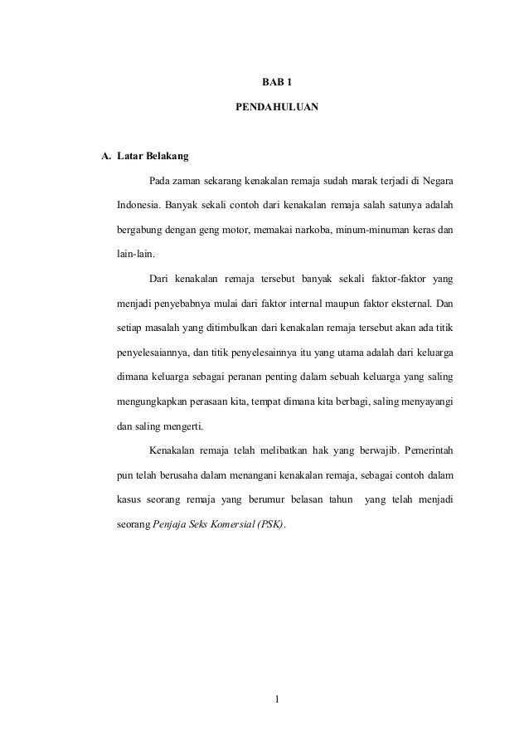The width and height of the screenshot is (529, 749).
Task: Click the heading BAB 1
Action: [x=277, y=82]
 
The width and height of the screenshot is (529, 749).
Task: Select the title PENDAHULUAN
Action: [x=277, y=108]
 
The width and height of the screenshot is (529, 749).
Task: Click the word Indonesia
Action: [x=137, y=204]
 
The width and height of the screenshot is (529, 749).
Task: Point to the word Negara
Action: [x=435, y=180]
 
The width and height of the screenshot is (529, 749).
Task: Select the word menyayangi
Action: [x=420, y=403]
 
